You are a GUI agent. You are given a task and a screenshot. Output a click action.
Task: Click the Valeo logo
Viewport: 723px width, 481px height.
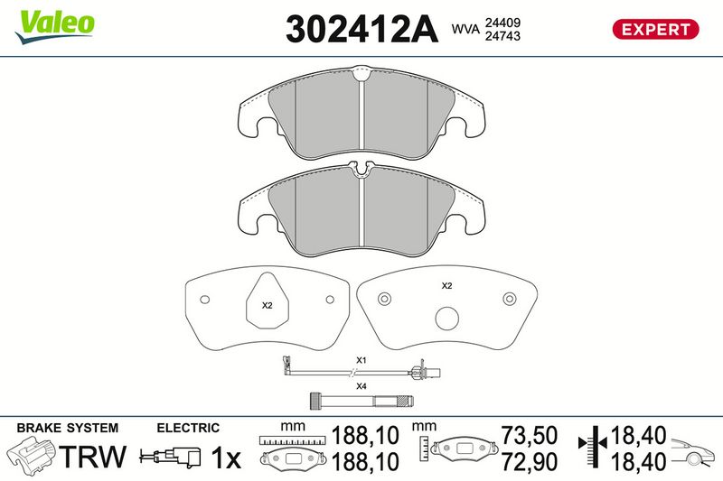pyautogui.click(x=54, y=27)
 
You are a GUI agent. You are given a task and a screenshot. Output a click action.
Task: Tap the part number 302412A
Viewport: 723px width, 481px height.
pyautogui.click(x=361, y=29)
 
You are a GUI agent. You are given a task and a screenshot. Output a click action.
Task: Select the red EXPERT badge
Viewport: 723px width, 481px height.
pyautogui.click(x=655, y=30)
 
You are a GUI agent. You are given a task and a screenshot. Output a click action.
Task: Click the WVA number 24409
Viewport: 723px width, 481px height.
pyautogui.click(x=502, y=23)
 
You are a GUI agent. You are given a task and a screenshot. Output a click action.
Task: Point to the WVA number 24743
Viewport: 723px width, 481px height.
pyautogui.click(x=502, y=36)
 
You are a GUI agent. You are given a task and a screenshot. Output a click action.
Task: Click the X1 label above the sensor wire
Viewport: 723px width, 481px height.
pyautogui.click(x=361, y=360)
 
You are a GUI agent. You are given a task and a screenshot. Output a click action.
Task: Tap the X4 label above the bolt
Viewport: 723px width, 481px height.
pyautogui.click(x=361, y=386)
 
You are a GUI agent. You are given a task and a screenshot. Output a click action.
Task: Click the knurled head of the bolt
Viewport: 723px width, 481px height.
pyautogui.click(x=315, y=401)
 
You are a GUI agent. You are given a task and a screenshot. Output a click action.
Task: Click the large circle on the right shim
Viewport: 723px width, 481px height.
pyautogui.click(x=446, y=319)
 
